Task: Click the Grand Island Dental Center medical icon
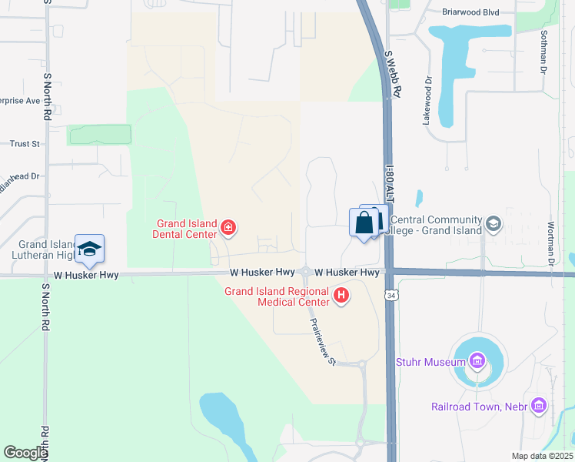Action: point(228,227)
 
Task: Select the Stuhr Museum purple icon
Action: point(477,361)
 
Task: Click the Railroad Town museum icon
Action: point(538,405)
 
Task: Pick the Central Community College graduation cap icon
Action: point(493,224)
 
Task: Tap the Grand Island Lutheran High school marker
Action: point(90,249)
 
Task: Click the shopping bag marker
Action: point(364,223)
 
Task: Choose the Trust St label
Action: point(25,144)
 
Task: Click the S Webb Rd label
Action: point(393,73)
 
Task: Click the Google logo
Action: point(25,453)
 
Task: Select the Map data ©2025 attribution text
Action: point(542,456)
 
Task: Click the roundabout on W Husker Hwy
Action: point(306,272)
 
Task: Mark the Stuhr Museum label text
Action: point(428,361)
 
